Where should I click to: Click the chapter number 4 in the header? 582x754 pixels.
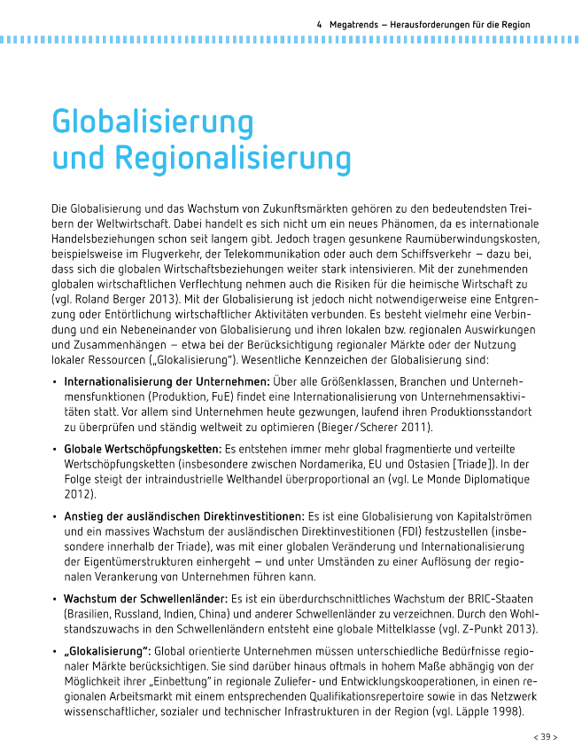coord(318,25)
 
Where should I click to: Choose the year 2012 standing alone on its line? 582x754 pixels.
coord(79,495)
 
